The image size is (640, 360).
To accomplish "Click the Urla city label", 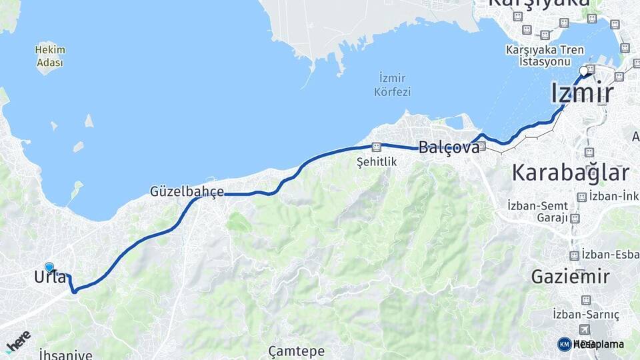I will pos(50,277).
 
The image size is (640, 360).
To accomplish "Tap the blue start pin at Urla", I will pos(49,267).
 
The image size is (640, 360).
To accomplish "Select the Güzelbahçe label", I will pos(187,192).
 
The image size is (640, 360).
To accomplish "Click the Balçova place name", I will pos(449,147).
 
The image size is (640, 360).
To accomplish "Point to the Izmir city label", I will pos(582,93).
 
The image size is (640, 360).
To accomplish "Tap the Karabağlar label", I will pos(570,173).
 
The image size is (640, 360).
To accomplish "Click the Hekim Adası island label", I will pos(49,56).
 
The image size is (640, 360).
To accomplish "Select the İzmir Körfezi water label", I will pos(393,85).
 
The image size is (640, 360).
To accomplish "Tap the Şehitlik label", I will pos(376,161).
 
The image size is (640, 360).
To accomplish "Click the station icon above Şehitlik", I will pos(377,147).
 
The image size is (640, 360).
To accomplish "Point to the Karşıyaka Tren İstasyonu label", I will pos(545,55).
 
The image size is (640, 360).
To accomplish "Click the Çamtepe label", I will pos(296,351).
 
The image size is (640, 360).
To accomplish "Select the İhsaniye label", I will pos(65,354).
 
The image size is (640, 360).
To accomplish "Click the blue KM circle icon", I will pos(564,344).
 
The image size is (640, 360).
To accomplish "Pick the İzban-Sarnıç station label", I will pos(586,314).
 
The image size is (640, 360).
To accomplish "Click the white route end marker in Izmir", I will pos(584,71).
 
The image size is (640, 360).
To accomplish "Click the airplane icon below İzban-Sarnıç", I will pos(585,329).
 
